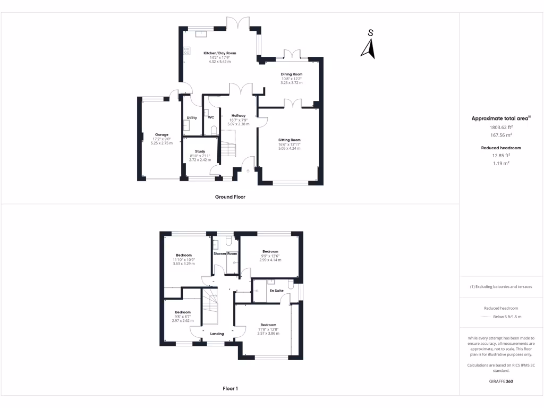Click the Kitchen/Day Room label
coord(219,53)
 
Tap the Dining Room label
coord(292,74)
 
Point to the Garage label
coord(161,134)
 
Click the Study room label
coord(200,151)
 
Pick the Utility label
coord(192,117)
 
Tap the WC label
coord(211,117)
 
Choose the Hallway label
coord(239,115)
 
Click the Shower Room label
coord(225,254)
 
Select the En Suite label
coord(276,291)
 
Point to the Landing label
coord(217,334)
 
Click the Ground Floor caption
coord(230,197)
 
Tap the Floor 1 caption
coord(230,388)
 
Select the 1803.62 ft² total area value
coord(501,127)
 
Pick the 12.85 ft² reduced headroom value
coord(501,156)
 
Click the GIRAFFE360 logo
coord(501,381)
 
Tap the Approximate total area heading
coord(501,118)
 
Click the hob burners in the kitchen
coord(187,50)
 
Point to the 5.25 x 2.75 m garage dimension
coord(161,143)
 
